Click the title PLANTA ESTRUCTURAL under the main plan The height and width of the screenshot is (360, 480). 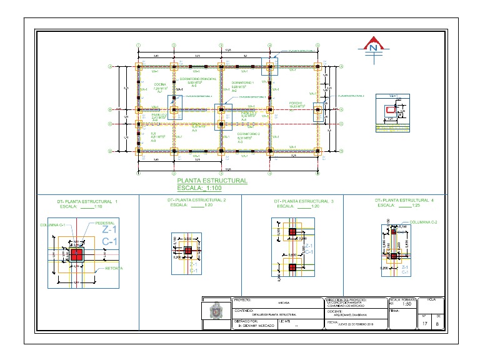[212, 181]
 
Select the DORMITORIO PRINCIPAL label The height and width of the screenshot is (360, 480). [198, 79]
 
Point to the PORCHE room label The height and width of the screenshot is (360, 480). [296, 102]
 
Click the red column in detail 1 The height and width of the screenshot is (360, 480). [77, 254]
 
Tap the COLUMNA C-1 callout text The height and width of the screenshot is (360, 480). [53, 224]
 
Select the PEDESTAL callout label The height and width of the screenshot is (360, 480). [104, 222]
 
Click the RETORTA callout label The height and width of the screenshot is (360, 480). [114, 268]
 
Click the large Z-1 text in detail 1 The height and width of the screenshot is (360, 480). [110, 230]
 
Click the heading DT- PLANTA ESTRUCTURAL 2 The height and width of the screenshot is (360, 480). [197, 199]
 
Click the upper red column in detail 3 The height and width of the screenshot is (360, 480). [292, 232]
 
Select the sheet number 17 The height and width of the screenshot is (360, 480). [424, 323]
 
